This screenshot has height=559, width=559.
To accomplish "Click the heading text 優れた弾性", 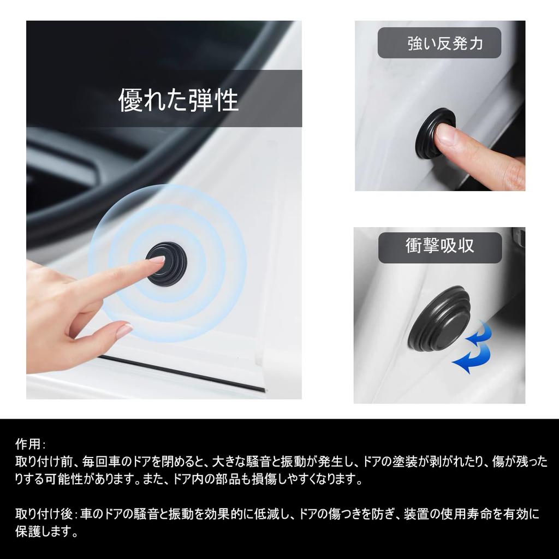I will (x=179, y=100).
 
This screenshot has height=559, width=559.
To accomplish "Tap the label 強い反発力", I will (x=445, y=44).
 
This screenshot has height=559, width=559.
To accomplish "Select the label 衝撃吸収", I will (x=439, y=246).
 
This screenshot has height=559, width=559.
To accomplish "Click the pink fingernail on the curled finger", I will (x=124, y=330).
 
